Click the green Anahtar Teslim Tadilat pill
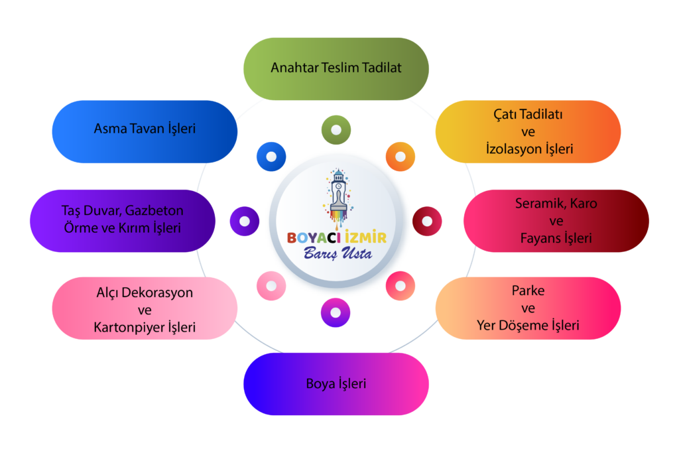click(x=336, y=69)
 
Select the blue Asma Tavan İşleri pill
click(x=145, y=132)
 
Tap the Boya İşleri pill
click(x=336, y=384)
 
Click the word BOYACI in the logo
click(x=314, y=237)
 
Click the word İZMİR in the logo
click(x=366, y=237)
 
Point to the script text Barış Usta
click(x=338, y=253)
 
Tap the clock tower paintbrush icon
click(x=338, y=198)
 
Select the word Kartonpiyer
click(x=129, y=328)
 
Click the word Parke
click(x=528, y=290)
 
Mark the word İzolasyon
click(x=514, y=149)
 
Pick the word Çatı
click(x=505, y=114)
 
